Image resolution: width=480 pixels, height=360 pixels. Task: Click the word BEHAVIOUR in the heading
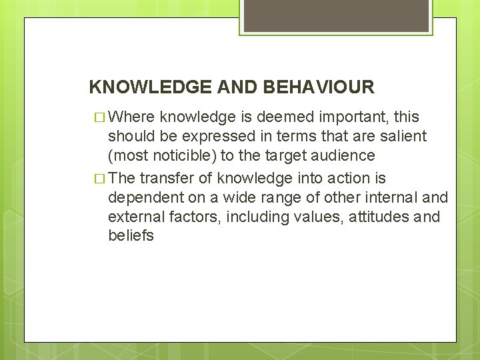coord(319,87)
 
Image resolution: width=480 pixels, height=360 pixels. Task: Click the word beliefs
coord(131,237)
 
